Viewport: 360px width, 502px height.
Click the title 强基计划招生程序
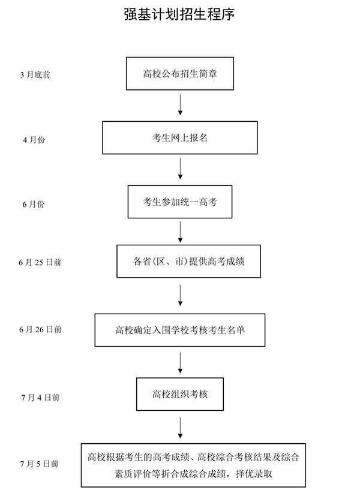179,14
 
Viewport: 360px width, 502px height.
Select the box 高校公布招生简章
179,74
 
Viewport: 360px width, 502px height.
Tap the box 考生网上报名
179,138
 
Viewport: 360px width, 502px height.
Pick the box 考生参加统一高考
179,202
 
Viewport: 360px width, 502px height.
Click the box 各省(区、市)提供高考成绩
188,261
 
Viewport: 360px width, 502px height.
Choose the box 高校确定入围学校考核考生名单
179,329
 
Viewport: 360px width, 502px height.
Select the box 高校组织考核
179,395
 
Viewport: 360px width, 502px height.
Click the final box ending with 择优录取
190,464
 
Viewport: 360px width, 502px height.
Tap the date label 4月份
34,140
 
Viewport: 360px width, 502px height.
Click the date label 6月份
34,204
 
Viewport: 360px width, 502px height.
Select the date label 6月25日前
40,262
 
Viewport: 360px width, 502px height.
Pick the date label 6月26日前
40,329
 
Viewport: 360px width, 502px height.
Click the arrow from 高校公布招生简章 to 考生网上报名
180,104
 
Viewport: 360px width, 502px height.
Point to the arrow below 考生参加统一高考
180,231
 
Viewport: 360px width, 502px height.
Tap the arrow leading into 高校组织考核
180,362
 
